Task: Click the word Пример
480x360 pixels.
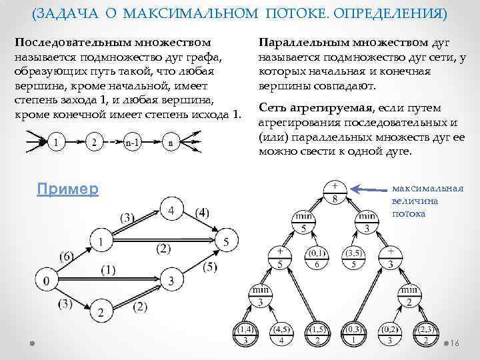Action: click(x=68, y=189)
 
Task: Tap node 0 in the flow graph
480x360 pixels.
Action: click(x=45, y=279)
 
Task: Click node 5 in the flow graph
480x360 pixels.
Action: click(x=227, y=241)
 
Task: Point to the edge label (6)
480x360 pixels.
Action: click(x=67, y=255)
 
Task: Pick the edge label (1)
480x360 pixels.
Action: click(x=110, y=270)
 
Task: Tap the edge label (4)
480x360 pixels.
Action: click(x=203, y=213)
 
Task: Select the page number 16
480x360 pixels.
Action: click(x=455, y=343)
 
